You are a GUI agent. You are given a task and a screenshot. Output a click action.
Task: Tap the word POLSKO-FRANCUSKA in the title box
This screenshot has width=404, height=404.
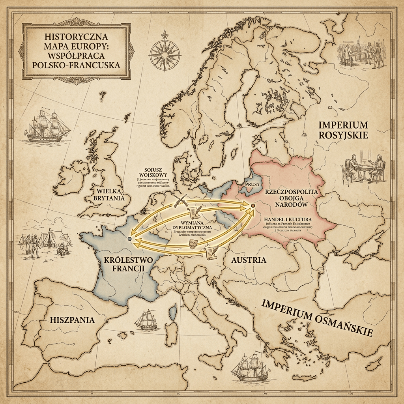[76, 64]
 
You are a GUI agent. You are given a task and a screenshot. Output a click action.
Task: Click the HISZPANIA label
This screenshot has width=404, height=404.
[73, 320]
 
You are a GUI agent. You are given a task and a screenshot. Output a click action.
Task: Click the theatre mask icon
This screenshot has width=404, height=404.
[193, 242]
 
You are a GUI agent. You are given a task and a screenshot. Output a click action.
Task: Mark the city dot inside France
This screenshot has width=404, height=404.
[130, 239]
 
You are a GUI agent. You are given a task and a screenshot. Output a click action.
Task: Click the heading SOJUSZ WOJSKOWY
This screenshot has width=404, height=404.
[149, 173]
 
